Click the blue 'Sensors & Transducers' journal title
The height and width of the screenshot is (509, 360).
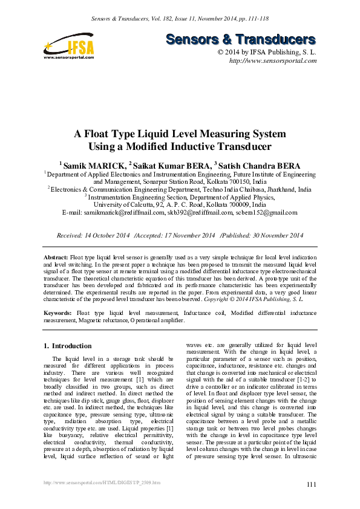(x=241, y=40)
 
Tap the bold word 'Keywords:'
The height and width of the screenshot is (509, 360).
(x=58, y=313)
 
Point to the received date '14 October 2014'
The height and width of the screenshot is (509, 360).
(x=106, y=235)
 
